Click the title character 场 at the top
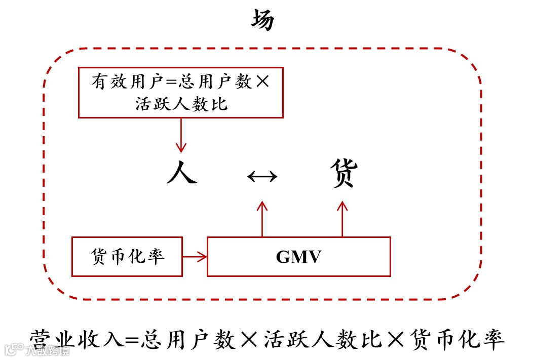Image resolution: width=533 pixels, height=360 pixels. click(x=263, y=21)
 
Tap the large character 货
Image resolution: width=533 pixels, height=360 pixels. click(x=344, y=173)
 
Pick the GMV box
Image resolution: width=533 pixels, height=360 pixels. click(x=298, y=257)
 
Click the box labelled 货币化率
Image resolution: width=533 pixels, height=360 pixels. click(x=127, y=257)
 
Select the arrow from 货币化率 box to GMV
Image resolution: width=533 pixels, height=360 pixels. click(x=195, y=257)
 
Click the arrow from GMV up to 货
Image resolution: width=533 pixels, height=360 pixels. click(x=342, y=219)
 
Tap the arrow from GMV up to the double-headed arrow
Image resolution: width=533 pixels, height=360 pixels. click(x=262, y=219)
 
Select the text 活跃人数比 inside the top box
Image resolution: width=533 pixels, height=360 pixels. click(x=181, y=104)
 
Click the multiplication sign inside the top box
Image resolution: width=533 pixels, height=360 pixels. click(x=262, y=82)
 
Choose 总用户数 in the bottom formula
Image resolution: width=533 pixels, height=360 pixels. click(x=188, y=339)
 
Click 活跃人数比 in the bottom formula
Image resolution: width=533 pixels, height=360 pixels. click(x=323, y=339)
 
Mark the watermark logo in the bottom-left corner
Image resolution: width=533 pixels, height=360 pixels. click(x=14, y=349)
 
